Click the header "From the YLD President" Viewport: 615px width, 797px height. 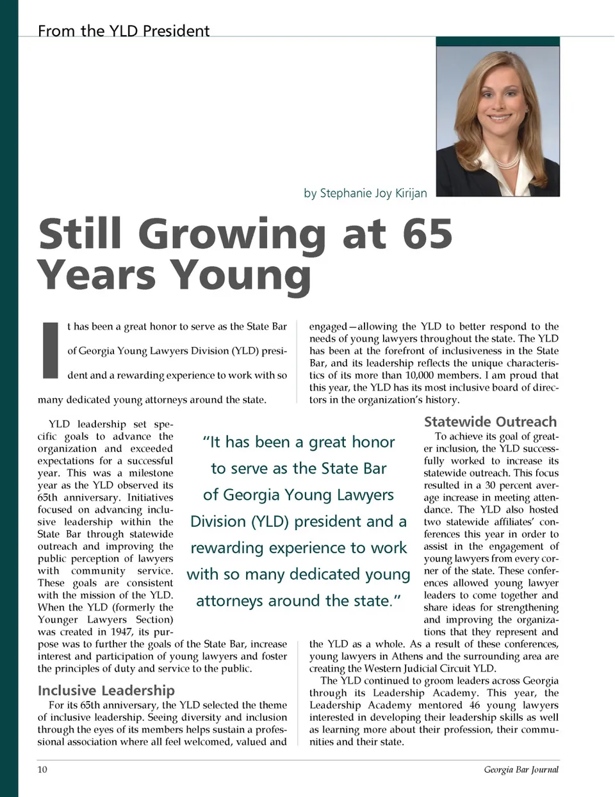pyautogui.click(x=124, y=31)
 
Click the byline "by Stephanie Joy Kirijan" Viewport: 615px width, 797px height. pyautogui.click(x=365, y=193)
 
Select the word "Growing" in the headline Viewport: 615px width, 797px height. pyautogui.click(x=233, y=235)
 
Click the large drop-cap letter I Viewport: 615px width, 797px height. pyautogui.click(x=51, y=350)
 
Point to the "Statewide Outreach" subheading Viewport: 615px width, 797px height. pyautogui.click(x=490, y=422)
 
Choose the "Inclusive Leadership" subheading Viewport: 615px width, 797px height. pyautogui.click(x=106, y=690)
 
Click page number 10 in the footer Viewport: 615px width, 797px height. pyautogui.click(x=42, y=769)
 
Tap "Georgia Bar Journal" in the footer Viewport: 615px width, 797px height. pyautogui.click(x=521, y=769)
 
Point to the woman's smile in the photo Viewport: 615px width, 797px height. pyautogui.click(x=500, y=118)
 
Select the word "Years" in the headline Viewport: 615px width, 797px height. pyautogui.click(x=96, y=275)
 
